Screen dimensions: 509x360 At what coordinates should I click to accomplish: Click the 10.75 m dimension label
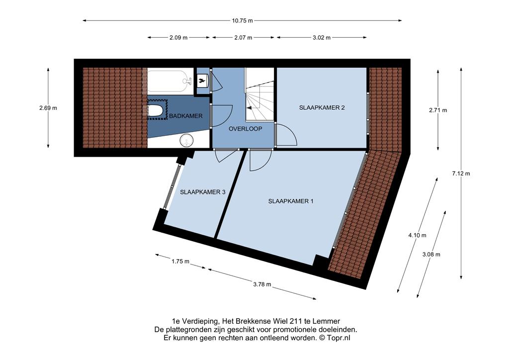tap(242, 20)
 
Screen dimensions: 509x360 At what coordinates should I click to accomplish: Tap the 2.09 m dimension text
tap(178, 37)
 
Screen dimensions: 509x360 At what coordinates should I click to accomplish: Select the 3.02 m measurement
tap(322, 37)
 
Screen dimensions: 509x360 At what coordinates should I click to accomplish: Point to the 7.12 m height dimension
tap(461, 174)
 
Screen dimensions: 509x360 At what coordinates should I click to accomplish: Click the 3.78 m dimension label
tap(262, 284)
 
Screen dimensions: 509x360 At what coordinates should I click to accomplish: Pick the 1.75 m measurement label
tap(180, 261)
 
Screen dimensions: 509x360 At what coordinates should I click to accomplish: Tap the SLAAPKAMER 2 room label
tap(322, 108)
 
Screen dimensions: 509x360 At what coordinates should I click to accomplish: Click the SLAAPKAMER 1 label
tap(290, 201)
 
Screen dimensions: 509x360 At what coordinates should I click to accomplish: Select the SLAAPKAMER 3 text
tap(203, 192)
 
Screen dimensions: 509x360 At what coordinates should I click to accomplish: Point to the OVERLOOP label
tap(245, 129)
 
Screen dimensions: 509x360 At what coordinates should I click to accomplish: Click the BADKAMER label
tap(186, 116)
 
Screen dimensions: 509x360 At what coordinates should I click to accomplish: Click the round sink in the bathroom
tap(187, 141)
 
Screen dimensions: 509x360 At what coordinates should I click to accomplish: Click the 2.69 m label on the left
tap(48, 108)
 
